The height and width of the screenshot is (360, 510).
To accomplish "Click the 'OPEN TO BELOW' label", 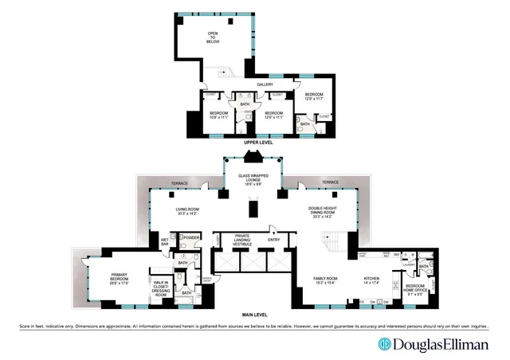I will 213,38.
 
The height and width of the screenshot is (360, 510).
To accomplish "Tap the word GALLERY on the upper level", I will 265,84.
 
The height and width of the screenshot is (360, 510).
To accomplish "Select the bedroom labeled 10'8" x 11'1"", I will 218,115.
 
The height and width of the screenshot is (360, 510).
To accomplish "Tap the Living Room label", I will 189,212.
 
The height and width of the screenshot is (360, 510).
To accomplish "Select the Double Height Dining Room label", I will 328,212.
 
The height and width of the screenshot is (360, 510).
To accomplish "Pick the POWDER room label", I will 191,237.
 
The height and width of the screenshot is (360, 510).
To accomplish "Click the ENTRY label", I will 274,239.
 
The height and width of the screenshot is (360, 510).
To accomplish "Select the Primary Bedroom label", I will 124,280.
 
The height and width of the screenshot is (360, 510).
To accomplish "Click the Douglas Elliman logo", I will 433,344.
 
